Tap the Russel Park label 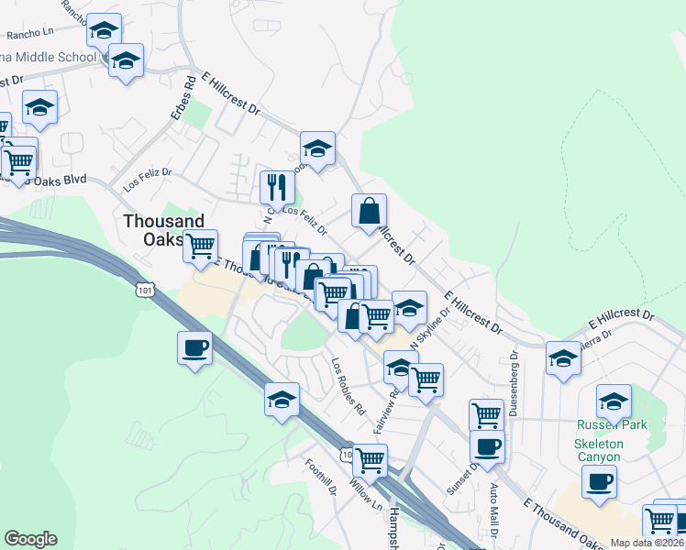click(612, 424)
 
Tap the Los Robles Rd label click(349, 383)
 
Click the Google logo click(30, 539)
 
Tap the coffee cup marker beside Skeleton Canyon click(599, 482)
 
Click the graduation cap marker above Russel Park click(614, 401)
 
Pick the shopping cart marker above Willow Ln click(370, 460)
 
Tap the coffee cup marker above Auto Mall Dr click(487, 447)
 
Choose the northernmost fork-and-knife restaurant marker click(276, 188)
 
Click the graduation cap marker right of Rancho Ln click(105, 31)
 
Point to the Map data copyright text click(647, 543)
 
